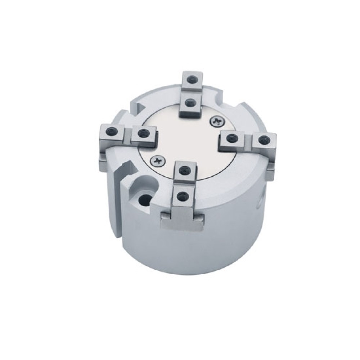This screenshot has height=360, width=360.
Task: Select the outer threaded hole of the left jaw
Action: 109,132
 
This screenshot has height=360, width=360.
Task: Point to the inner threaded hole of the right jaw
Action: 233,137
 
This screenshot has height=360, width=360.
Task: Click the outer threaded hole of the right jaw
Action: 265,138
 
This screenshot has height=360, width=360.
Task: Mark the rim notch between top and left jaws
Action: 139,105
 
